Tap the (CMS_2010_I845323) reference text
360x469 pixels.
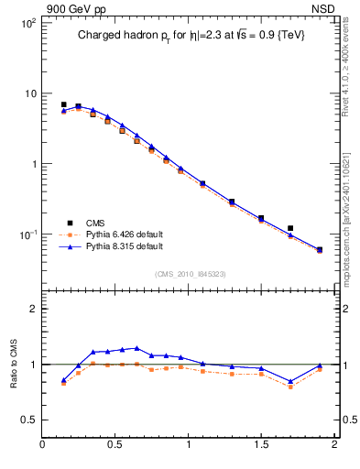tap(190, 272)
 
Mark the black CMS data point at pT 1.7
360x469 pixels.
tap(290, 228)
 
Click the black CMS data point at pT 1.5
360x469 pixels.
tap(261, 218)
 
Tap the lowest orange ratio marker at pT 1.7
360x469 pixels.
tap(290, 387)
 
